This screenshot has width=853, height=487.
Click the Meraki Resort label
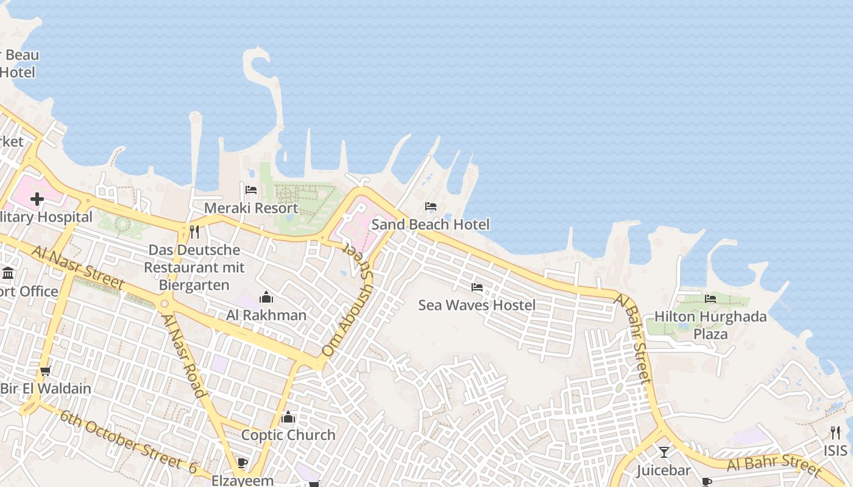[251, 208]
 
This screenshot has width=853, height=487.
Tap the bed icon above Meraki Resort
[251, 190]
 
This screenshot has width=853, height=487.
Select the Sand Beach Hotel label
[430, 225]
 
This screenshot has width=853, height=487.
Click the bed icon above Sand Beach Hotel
[431, 206]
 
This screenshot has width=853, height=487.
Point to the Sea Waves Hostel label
[477, 305]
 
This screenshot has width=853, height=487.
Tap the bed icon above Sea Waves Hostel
[477, 287]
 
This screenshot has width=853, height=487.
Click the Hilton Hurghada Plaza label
[710, 325]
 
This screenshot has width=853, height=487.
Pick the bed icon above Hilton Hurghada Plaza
[710, 298]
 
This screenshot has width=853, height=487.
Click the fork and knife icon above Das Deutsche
[194, 232]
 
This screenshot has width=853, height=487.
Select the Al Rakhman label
[266, 315]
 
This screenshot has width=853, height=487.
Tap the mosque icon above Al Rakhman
[266, 297]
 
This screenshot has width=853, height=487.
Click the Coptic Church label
[288, 435]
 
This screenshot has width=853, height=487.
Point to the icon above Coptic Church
[288, 417]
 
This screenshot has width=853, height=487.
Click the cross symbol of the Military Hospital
[37, 199]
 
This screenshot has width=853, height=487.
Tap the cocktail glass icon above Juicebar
[664, 452]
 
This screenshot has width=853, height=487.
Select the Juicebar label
[664, 471]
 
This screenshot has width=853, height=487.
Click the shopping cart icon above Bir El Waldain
[45, 371]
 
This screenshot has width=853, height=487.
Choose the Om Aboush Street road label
[347, 302]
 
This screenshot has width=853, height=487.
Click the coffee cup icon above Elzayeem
[242, 463]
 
